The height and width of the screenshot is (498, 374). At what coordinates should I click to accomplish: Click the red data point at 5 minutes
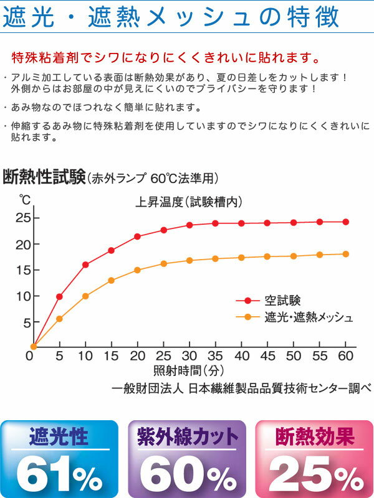pyautogui.click(x=59, y=296)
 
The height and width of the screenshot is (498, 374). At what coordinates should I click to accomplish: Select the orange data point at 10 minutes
pyautogui.click(x=85, y=296)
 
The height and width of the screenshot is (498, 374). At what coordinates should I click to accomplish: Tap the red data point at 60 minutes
pyautogui.click(x=346, y=222)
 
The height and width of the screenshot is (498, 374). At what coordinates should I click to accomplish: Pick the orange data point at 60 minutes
pyautogui.click(x=346, y=254)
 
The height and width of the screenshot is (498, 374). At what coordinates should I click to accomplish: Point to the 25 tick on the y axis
pyautogui.click(x=24, y=218)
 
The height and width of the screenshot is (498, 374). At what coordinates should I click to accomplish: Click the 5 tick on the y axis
pyautogui.click(x=27, y=322)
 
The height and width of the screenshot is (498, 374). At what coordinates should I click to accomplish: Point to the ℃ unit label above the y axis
pyautogui.click(x=25, y=200)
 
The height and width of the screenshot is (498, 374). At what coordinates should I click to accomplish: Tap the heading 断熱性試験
pyautogui.click(x=44, y=177)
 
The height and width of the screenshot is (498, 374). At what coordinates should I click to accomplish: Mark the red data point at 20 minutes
pyautogui.click(x=138, y=237)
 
